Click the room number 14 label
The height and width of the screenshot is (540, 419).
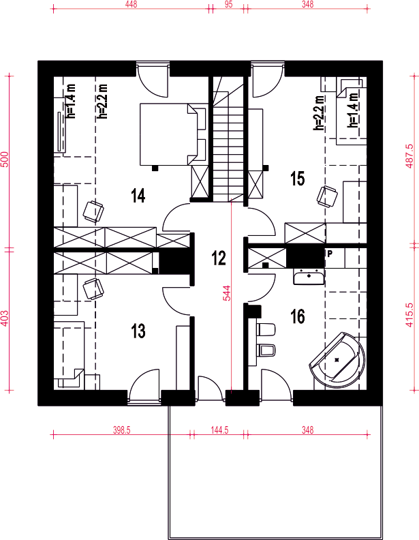(x=138, y=196)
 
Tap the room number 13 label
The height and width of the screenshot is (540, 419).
(x=138, y=331)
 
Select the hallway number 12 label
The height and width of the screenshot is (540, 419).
(x=219, y=258)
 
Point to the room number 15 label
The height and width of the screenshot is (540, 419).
(x=298, y=179)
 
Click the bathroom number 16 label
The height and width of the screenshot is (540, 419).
(x=298, y=316)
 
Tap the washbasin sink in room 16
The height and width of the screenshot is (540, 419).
(x=309, y=277)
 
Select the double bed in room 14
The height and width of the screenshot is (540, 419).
(x=173, y=134)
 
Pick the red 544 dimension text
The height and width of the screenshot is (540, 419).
(x=227, y=293)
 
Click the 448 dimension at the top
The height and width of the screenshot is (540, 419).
(x=131, y=4)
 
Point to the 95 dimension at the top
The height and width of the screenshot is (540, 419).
(x=228, y=4)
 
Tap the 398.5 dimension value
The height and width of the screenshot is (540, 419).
(x=122, y=430)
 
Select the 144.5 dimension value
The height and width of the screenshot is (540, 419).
(x=219, y=430)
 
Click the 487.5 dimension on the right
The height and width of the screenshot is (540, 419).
(x=409, y=156)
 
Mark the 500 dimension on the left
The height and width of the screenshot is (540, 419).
(x=4, y=159)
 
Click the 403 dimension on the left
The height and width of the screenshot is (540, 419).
(x=4, y=318)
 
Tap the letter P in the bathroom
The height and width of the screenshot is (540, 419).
(x=330, y=254)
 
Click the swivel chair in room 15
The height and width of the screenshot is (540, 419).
(x=327, y=196)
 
